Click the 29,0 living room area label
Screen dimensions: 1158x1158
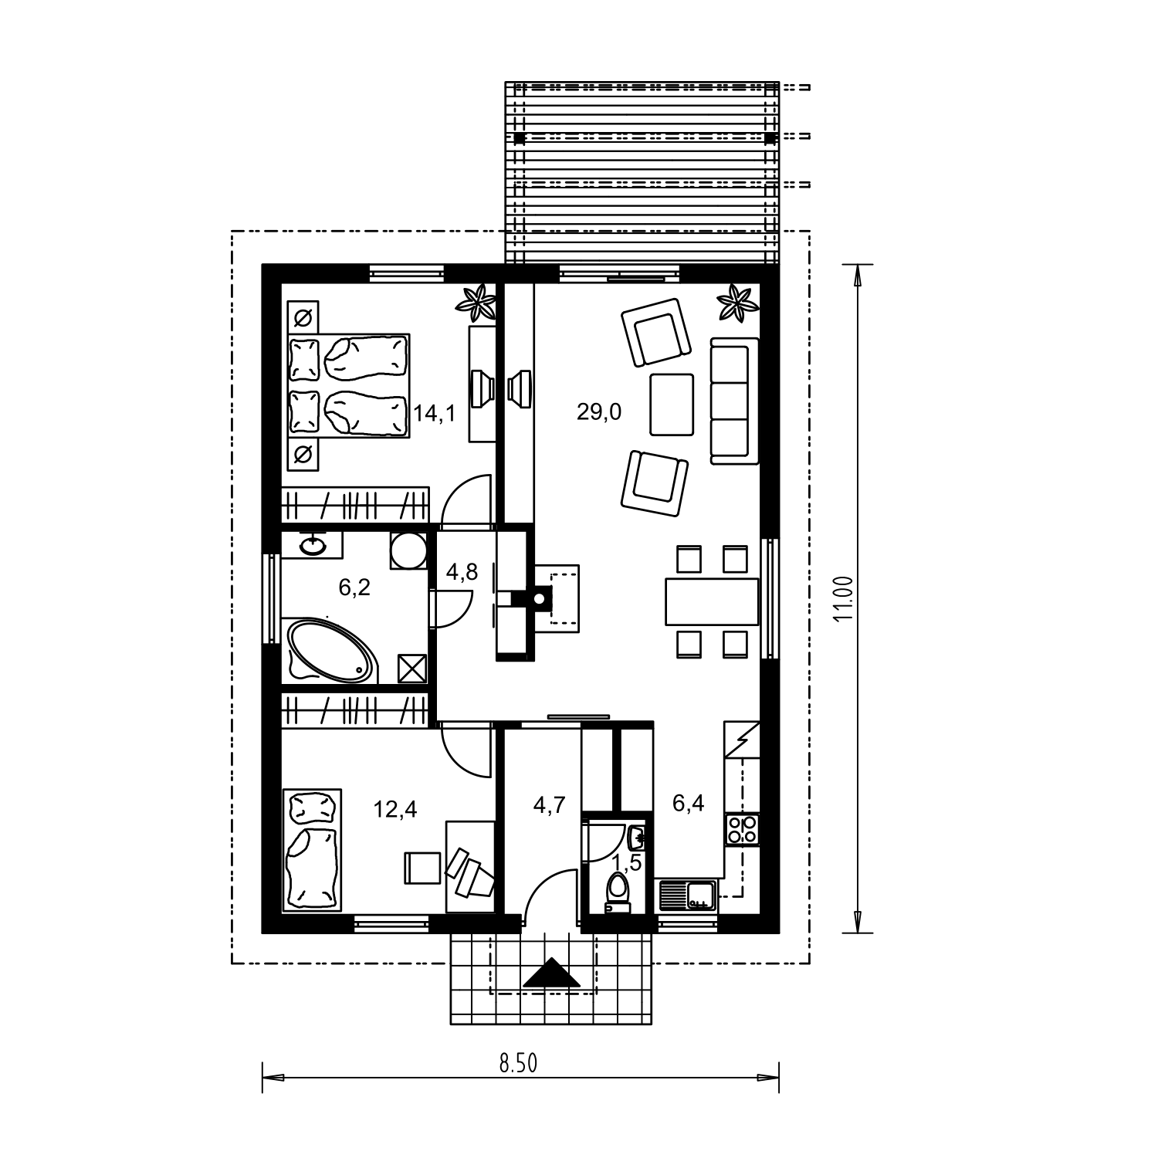[x=599, y=412]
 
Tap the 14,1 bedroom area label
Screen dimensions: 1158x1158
[x=435, y=413]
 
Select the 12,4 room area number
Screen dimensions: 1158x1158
[x=395, y=809]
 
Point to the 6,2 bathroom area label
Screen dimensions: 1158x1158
[x=355, y=588]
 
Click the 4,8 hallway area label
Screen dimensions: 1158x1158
[x=462, y=572]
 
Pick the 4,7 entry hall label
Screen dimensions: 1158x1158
[x=550, y=805]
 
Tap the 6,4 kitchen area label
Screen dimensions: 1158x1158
[x=688, y=804]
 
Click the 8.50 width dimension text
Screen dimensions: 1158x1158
[x=518, y=1063]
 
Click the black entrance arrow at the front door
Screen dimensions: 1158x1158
[x=551, y=973]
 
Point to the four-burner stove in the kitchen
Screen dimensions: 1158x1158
[x=742, y=829]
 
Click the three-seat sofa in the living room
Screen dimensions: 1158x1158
[x=734, y=401]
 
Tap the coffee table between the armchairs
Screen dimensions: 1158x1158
[x=672, y=405]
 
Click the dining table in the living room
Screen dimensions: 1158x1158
[x=712, y=601]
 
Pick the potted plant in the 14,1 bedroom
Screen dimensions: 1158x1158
[x=476, y=303]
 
